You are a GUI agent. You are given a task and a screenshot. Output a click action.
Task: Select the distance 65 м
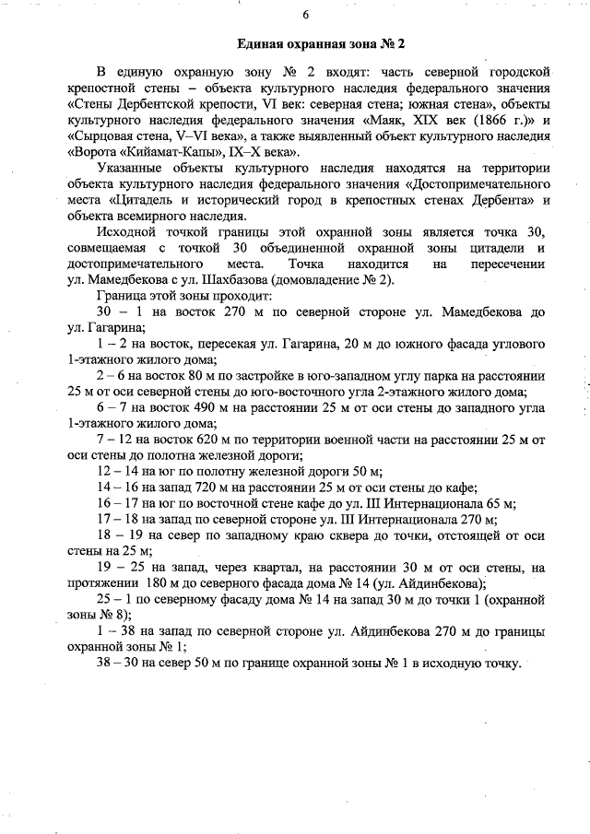[496, 502]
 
